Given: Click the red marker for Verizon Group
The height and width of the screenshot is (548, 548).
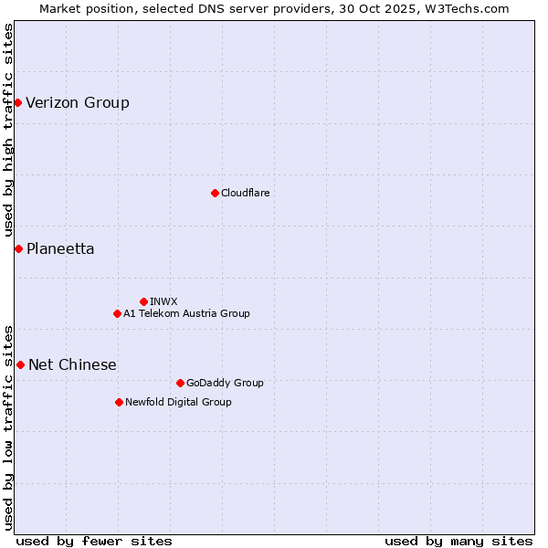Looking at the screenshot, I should coord(17,102).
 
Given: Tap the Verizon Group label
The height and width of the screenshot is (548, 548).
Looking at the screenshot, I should coord(78,102).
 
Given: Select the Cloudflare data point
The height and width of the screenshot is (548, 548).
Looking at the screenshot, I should coord(215,193).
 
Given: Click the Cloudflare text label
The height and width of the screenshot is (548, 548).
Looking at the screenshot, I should coord(245,193).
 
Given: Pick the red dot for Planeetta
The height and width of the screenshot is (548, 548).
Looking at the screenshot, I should coord(18,248).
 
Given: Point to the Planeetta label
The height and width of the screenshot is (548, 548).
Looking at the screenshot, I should coord(60,248).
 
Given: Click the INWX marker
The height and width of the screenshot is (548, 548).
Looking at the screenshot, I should coord(143,301).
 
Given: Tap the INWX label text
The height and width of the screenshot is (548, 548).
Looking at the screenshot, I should coord(163,301).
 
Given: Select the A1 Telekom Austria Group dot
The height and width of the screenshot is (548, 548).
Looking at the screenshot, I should coord(117,313).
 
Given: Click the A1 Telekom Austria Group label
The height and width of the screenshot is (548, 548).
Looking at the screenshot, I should coord(186,313).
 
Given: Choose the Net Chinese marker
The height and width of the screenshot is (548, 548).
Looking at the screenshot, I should coord(20,364).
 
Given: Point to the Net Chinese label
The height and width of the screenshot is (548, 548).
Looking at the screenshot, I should coord(72,364).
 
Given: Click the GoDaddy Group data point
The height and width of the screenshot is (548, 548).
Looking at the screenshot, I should coord(180,383).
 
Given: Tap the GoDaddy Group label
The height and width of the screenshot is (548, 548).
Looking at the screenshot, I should coord(225,383).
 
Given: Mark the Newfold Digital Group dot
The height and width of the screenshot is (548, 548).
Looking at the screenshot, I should coord(119,402).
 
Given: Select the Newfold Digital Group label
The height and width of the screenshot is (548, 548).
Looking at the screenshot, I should coord(178,402).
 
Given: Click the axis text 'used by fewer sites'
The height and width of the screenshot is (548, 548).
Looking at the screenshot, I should coord(94,541).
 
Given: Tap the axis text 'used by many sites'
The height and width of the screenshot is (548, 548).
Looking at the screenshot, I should coord(458,541).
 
